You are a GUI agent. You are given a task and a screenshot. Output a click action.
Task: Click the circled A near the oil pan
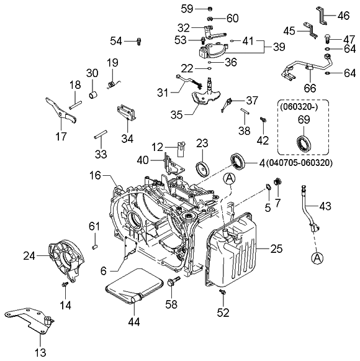point(230,180)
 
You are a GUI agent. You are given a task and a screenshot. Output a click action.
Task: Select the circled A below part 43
point(317,257)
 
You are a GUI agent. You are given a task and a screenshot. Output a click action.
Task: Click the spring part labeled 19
point(112,80)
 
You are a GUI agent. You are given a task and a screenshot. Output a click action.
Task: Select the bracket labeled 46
point(323,13)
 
